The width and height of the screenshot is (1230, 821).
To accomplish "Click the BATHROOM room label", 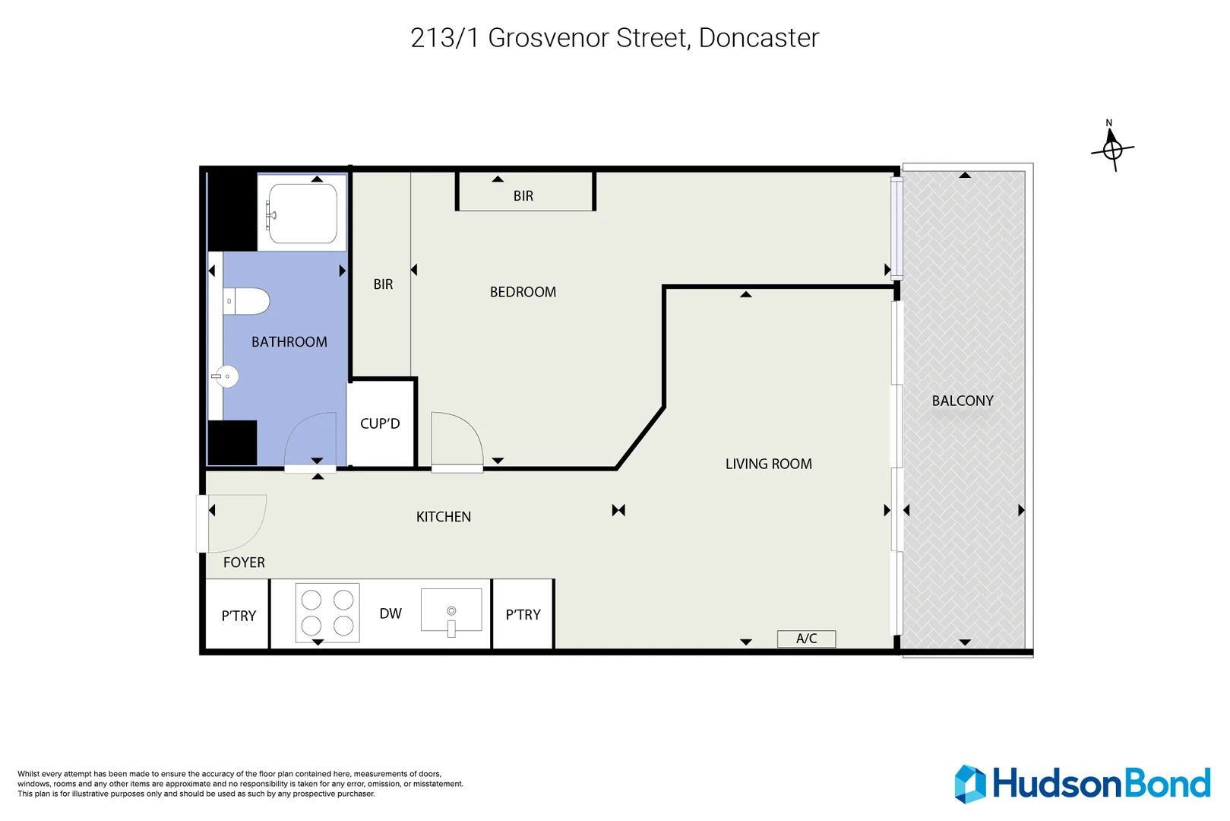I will [x=289, y=342].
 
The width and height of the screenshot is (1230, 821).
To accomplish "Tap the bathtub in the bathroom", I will [x=302, y=214].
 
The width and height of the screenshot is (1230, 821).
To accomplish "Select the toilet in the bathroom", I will [x=248, y=301].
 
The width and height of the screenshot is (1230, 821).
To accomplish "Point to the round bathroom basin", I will [x=226, y=376].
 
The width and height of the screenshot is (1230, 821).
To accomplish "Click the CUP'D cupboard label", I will [x=380, y=423].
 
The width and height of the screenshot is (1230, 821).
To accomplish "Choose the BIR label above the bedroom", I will [x=523, y=196].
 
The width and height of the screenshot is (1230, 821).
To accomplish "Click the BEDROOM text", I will [x=523, y=292].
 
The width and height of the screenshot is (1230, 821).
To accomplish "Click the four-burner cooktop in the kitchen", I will [x=327, y=613].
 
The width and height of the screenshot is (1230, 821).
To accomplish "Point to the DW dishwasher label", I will [x=391, y=613].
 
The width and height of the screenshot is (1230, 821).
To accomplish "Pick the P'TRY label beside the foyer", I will [x=239, y=616].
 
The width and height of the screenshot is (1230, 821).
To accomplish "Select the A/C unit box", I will [x=806, y=639].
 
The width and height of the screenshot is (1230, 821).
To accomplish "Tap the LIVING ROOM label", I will [x=768, y=464].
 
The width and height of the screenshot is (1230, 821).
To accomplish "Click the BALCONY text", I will [x=963, y=401].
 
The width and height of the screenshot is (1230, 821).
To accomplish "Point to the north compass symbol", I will [x=1112, y=147].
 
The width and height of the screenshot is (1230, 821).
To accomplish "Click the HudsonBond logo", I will [x=1083, y=784].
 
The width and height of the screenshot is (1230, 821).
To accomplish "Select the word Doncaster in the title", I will [x=758, y=38].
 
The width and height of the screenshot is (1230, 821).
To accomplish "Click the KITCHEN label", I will [x=444, y=517].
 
